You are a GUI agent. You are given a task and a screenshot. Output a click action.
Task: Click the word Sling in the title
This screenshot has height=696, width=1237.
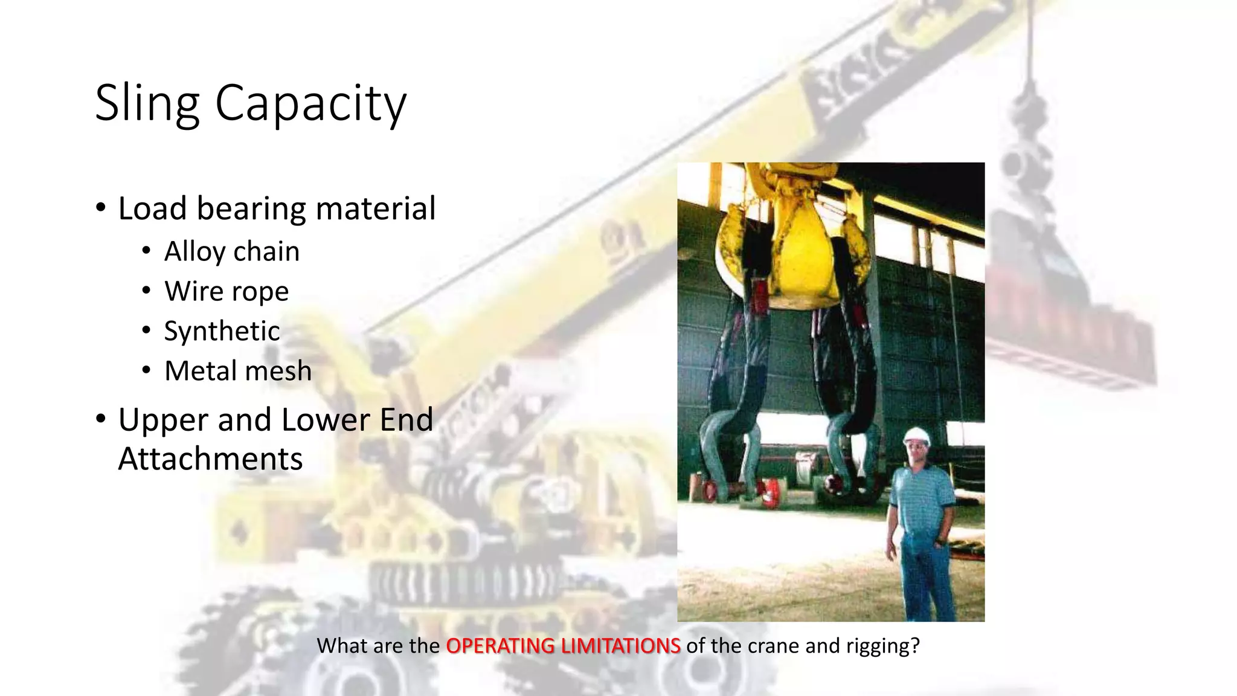(147, 103)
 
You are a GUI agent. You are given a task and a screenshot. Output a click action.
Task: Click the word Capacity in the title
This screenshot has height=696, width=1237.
(310, 103)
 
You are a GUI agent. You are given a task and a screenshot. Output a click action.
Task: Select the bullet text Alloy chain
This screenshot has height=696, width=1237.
(232, 251)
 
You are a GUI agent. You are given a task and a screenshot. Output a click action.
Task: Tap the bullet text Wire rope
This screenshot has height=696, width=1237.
(227, 291)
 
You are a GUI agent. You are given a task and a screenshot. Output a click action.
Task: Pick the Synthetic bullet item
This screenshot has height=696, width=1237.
(222, 331)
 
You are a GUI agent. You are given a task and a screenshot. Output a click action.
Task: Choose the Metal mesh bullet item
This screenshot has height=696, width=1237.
(238, 371)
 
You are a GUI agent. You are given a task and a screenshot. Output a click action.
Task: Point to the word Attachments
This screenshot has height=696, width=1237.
(210, 459)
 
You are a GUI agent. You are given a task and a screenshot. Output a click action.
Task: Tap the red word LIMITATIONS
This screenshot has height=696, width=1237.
(620, 646)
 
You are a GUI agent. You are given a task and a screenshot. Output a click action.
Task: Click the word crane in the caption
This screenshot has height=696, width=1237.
(773, 646)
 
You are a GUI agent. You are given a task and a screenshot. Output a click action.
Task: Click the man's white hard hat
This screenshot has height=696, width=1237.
(916, 436)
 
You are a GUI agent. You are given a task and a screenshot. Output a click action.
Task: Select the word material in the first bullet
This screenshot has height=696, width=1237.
(375, 209)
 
